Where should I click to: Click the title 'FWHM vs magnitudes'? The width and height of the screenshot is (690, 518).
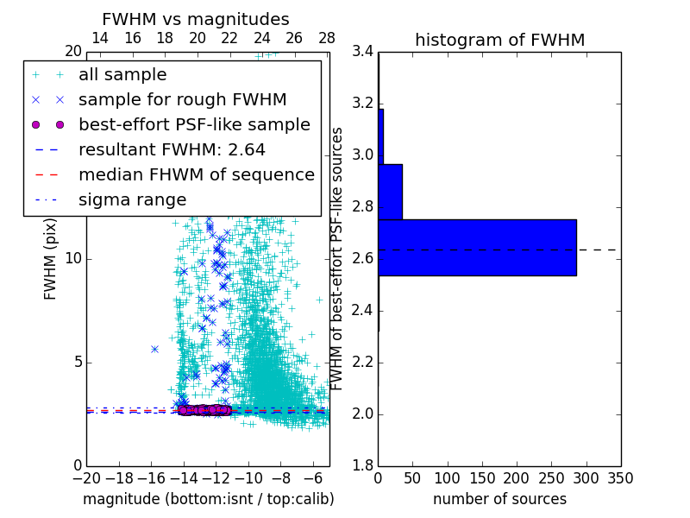pyautogui.click(x=196, y=19)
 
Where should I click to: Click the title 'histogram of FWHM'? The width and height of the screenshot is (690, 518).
pyautogui.click(x=499, y=40)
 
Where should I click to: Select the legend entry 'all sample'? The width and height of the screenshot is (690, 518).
pyautogui.click(x=122, y=75)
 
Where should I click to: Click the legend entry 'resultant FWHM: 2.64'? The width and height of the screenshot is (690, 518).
pyautogui.click(x=172, y=149)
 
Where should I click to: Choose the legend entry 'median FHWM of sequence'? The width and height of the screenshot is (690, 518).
pyautogui.click(x=196, y=174)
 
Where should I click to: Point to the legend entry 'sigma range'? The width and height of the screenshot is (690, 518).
pyautogui.click(x=132, y=199)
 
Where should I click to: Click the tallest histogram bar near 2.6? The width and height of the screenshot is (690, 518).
pyautogui.click(x=477, y=248)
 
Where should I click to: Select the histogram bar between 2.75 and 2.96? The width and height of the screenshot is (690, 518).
pyautogui.click(x=390, y=192)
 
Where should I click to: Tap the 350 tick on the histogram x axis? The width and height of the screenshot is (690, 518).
pyautogui.click(x=620, y=478)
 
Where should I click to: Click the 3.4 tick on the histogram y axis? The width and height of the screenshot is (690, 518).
pyautogui.click(x=363, y=52)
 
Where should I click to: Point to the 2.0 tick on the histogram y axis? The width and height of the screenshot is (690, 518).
pyautogui.click(x=363, y=414)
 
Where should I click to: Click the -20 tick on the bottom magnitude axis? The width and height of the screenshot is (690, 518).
pyautogui.click(x=86, y=478)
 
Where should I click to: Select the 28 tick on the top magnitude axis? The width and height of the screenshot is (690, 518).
pyautogui.click(x=327, y=39)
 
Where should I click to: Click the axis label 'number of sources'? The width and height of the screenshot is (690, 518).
pyautogui.click(x=499, y=499)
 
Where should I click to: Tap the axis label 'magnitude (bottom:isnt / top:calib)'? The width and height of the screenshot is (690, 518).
pyautogui.click(x=208, y=499)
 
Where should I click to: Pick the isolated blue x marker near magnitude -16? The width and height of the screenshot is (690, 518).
pyautogui.click(x=154, y=349)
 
